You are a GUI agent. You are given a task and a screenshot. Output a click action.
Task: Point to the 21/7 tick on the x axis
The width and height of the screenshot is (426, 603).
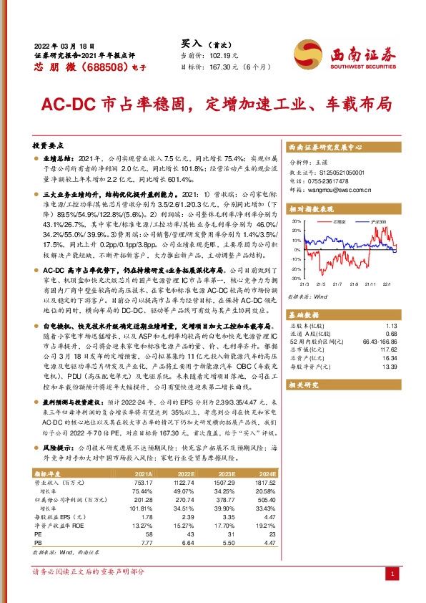337,284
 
